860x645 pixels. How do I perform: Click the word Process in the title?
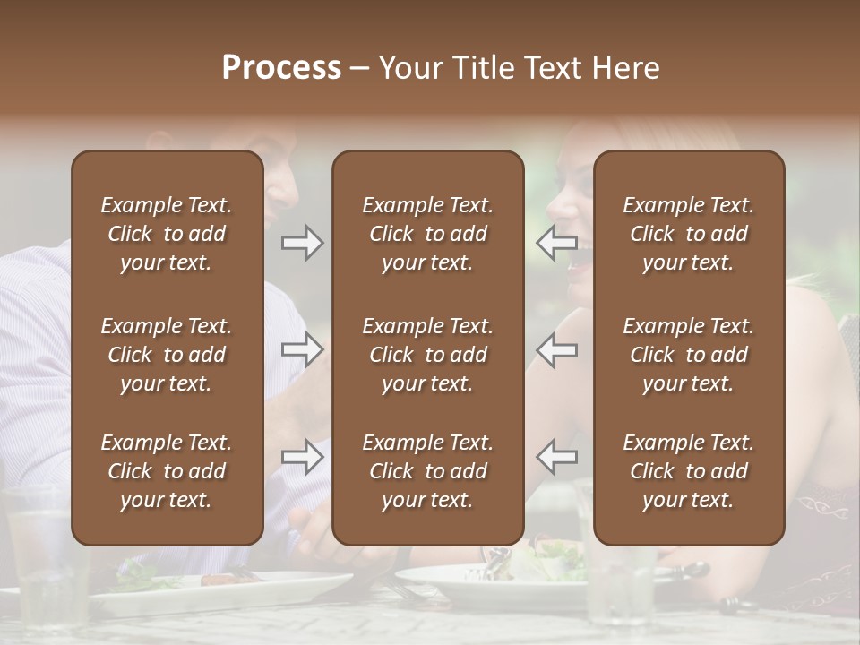281,67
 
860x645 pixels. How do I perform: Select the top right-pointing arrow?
302,243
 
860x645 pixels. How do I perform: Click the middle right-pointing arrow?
302,349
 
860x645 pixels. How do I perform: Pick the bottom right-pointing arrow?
302,458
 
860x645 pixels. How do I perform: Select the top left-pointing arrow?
556,243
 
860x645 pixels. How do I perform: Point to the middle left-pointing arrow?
556,349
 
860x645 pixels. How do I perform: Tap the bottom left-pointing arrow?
556,458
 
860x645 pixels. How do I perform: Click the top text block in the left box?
167,234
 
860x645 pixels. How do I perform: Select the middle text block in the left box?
167,355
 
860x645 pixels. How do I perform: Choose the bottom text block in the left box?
167,471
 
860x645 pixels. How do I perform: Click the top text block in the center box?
427,234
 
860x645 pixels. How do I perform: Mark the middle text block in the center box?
427,355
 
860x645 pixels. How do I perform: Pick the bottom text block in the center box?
427,471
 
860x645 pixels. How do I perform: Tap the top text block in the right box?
688,234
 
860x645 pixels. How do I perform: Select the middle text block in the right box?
688,355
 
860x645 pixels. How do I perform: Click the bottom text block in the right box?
688,471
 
